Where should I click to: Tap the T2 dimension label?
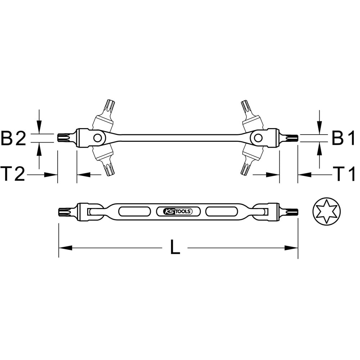13,174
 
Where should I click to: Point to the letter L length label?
175,247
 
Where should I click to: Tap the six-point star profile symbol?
327,211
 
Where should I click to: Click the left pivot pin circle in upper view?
98,138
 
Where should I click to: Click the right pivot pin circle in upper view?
258,138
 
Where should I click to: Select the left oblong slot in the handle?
135,211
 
